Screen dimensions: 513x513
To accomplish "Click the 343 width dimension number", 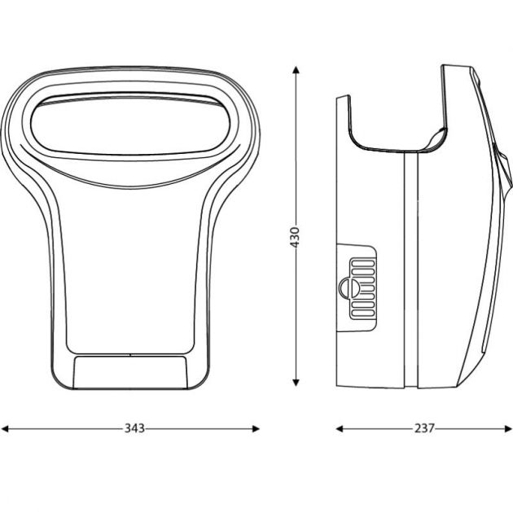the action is [134, 428].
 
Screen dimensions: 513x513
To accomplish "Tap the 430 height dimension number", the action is [295, 237].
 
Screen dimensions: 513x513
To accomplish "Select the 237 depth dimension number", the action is [424, 428].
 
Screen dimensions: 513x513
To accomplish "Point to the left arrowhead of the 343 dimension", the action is [5, 428].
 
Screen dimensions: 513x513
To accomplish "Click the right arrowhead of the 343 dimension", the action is [256, 428].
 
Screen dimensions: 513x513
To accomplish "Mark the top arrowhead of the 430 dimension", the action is [296, 70].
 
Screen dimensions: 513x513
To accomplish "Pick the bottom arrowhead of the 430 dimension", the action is [296, 382].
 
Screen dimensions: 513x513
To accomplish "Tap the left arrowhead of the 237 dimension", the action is [340, 428].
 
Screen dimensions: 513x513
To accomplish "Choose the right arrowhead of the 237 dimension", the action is [508, 428].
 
